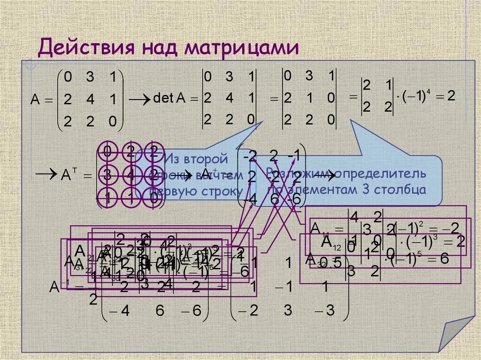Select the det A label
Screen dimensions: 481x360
click(170, 98)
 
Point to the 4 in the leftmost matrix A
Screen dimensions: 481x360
click(89, 100)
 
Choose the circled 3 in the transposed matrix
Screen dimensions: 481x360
click(108, 176)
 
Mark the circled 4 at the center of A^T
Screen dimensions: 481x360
click(130, 176)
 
